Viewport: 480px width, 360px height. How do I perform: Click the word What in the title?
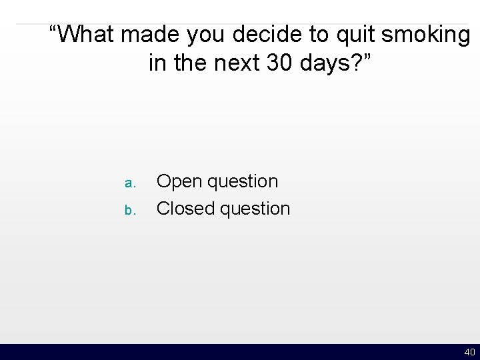(89, 34)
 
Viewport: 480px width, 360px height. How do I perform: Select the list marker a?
(130, 183)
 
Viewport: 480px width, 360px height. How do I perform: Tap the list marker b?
(130, 210)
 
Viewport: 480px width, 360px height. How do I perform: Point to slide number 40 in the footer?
(469, 352)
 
